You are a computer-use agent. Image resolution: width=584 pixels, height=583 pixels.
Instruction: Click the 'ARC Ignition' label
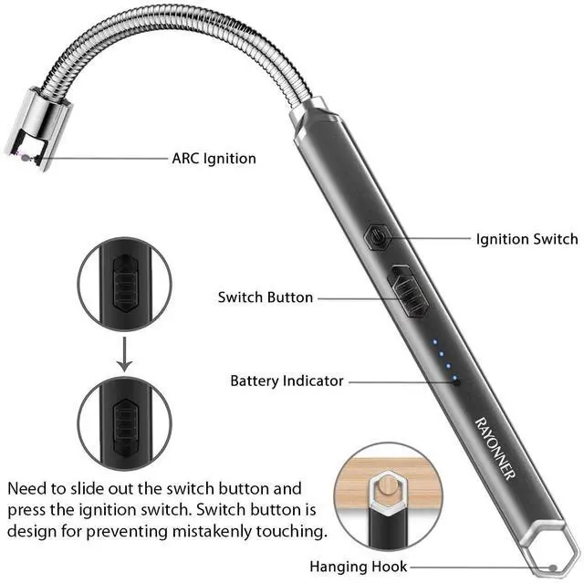click(x=214, y=158)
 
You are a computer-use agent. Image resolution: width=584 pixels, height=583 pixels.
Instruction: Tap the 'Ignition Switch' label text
click(x=527, y=239)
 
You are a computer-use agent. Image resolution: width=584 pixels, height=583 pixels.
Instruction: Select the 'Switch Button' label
click(x=266, y=297)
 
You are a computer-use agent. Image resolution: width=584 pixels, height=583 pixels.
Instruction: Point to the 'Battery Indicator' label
click(x=287, y=380)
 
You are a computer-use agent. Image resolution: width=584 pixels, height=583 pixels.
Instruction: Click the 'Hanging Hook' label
click(x=358, y=567)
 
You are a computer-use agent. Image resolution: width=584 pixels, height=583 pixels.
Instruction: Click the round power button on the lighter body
click(x=375, y=239)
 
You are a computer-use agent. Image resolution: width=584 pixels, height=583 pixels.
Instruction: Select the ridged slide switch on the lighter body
click(x=405, y=294)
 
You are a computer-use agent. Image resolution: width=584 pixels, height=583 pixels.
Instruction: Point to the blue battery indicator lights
click(x=445, y=359)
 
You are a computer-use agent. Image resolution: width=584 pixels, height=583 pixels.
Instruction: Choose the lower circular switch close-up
click(x=124, y=422)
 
